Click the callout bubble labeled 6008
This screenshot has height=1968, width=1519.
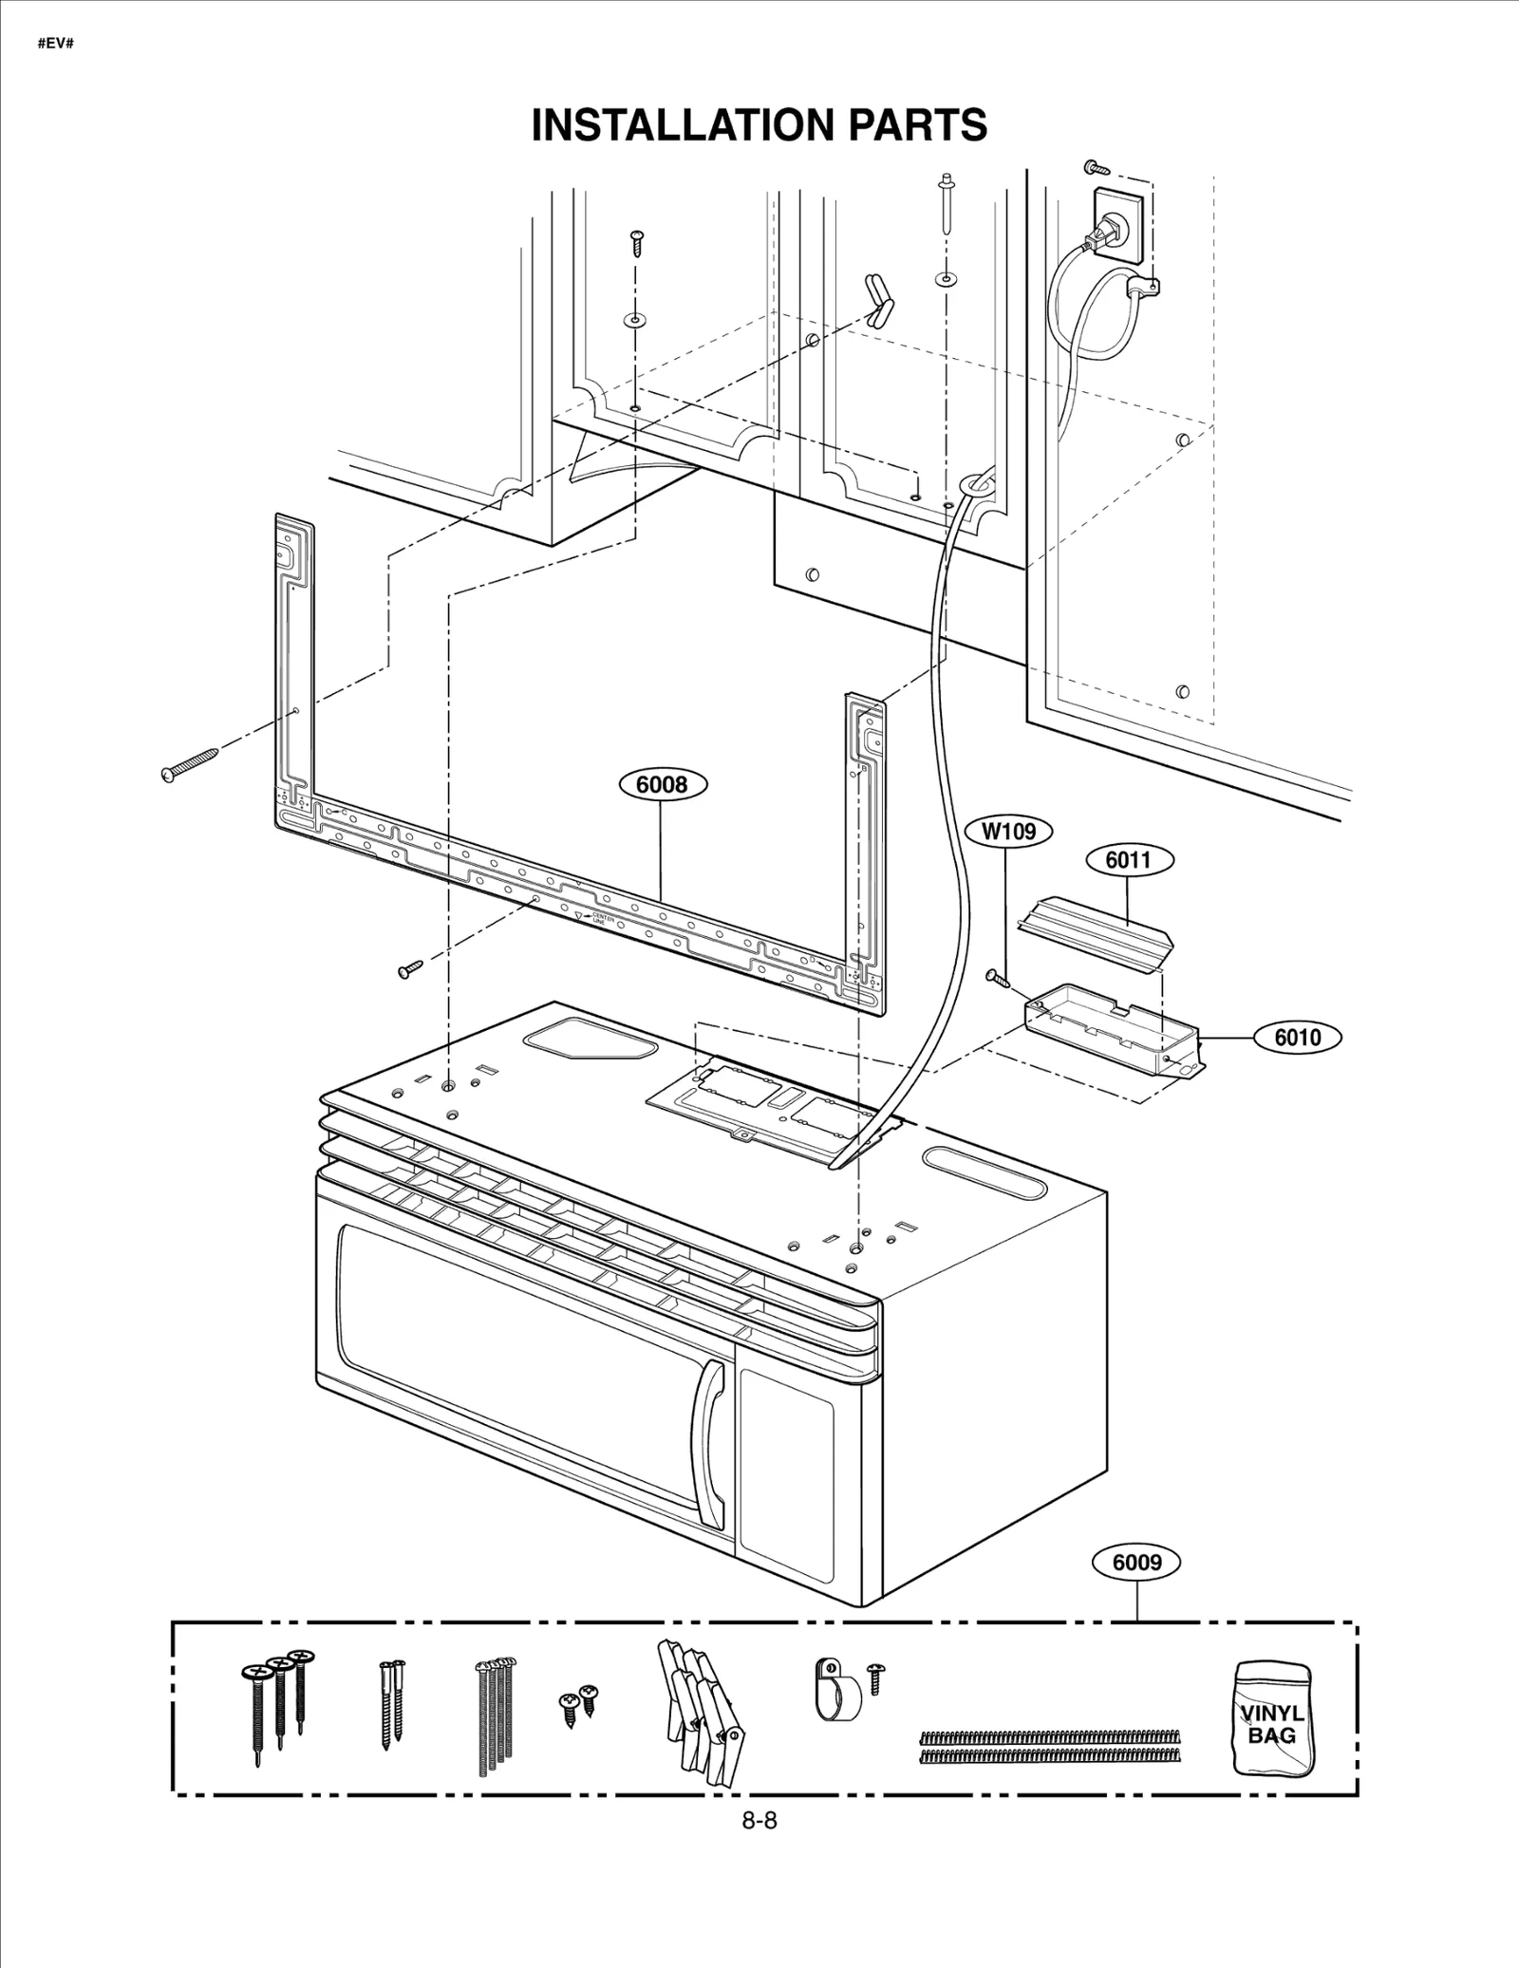662,784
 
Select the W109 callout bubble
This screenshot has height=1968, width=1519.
1008,832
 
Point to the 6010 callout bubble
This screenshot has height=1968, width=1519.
1297,1037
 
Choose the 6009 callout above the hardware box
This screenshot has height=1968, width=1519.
1136,1562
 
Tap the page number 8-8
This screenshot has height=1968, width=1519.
759,1820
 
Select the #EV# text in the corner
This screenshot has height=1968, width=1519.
55,44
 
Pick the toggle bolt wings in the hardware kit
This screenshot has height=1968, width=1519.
700,1708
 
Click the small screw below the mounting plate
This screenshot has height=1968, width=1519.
410,969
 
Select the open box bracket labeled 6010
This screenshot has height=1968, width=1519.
1111,1030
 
